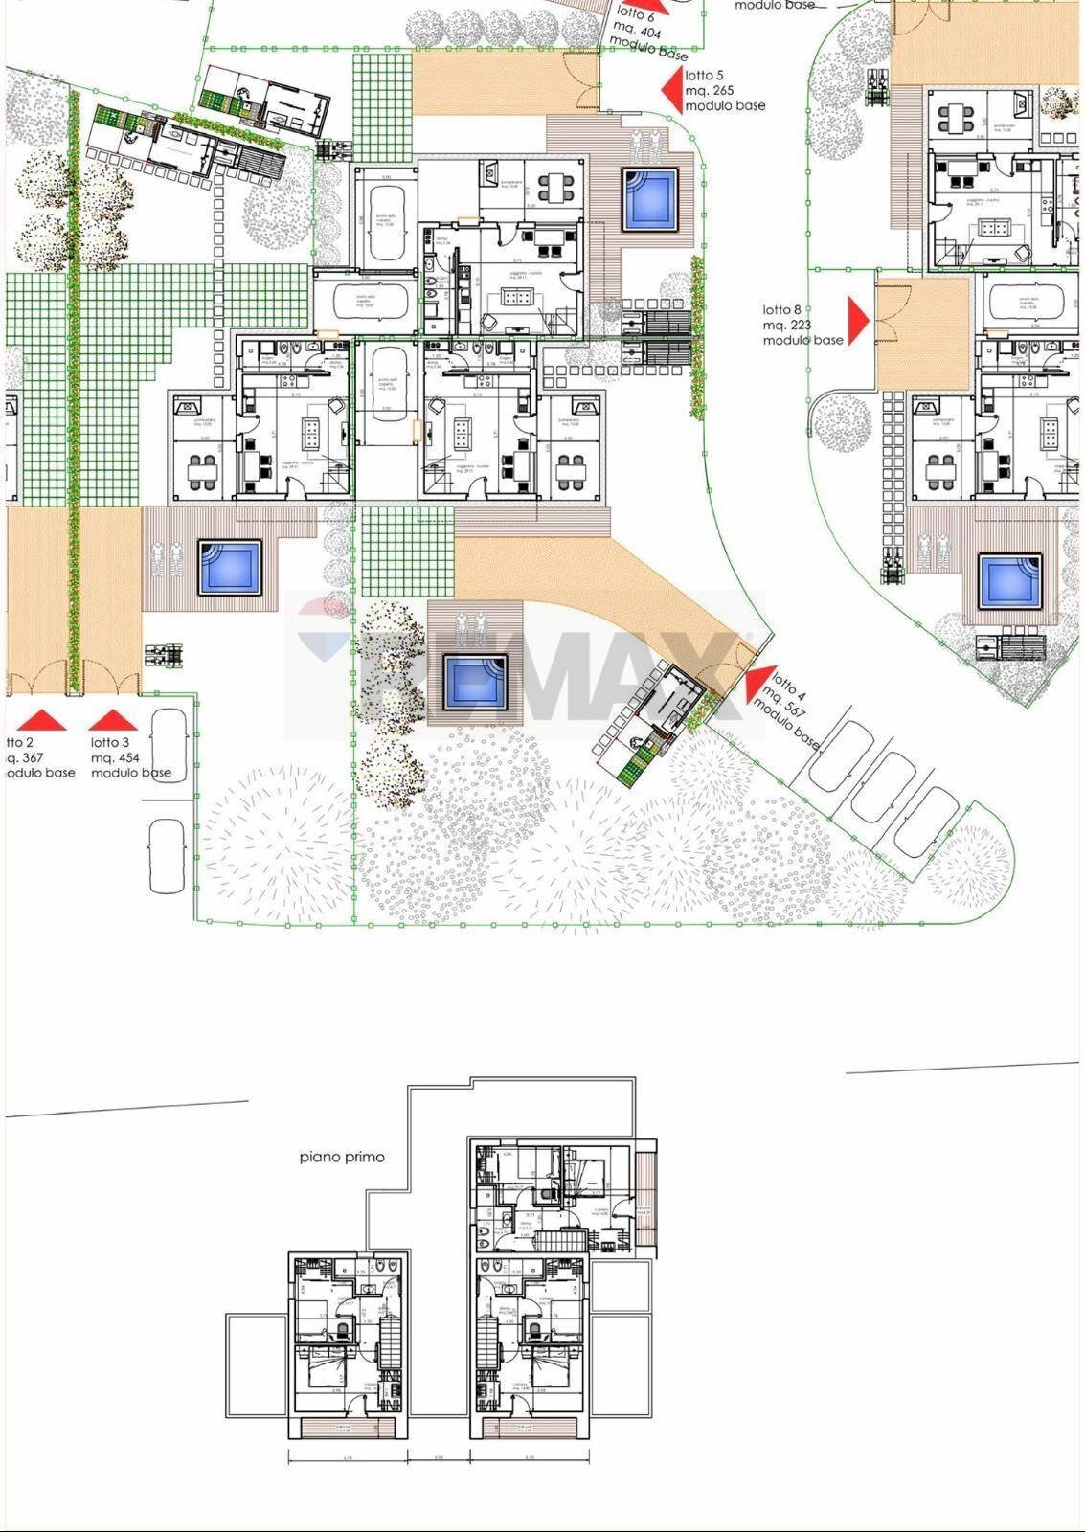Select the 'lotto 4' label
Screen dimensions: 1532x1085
coord(786,685)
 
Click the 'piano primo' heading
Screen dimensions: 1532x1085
coord(342,1157)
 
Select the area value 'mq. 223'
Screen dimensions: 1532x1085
coord(787,326)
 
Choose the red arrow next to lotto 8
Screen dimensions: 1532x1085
coord(858,319)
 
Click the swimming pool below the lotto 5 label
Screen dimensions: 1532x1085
coord(650,199)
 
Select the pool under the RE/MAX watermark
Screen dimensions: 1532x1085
coord(475,681)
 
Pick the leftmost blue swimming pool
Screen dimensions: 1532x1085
coord(230,567)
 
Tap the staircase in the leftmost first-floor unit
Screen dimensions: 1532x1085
coord(390,1341)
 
